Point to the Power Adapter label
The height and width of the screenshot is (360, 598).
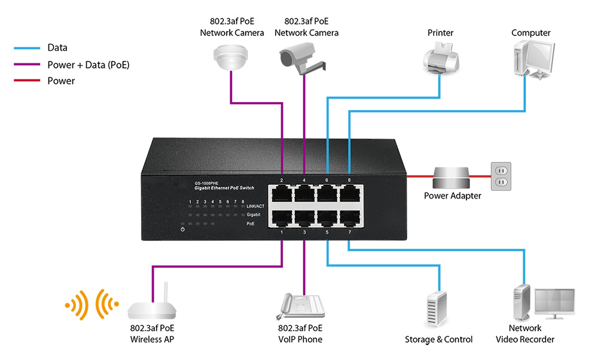(x=452, y=196)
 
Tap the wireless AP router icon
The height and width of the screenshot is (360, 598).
(x=152, y=309)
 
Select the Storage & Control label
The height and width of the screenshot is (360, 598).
(x=438, y=340)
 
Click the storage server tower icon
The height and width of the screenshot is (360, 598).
(x=438, y=309)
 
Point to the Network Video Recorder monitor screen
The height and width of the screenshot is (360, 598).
(x=554, y=302)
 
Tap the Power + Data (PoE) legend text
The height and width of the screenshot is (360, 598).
(x=89, y=65)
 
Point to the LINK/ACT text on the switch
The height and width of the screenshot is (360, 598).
(x=255, y=206)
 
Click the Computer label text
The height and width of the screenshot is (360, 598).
(x=530, y=33)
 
